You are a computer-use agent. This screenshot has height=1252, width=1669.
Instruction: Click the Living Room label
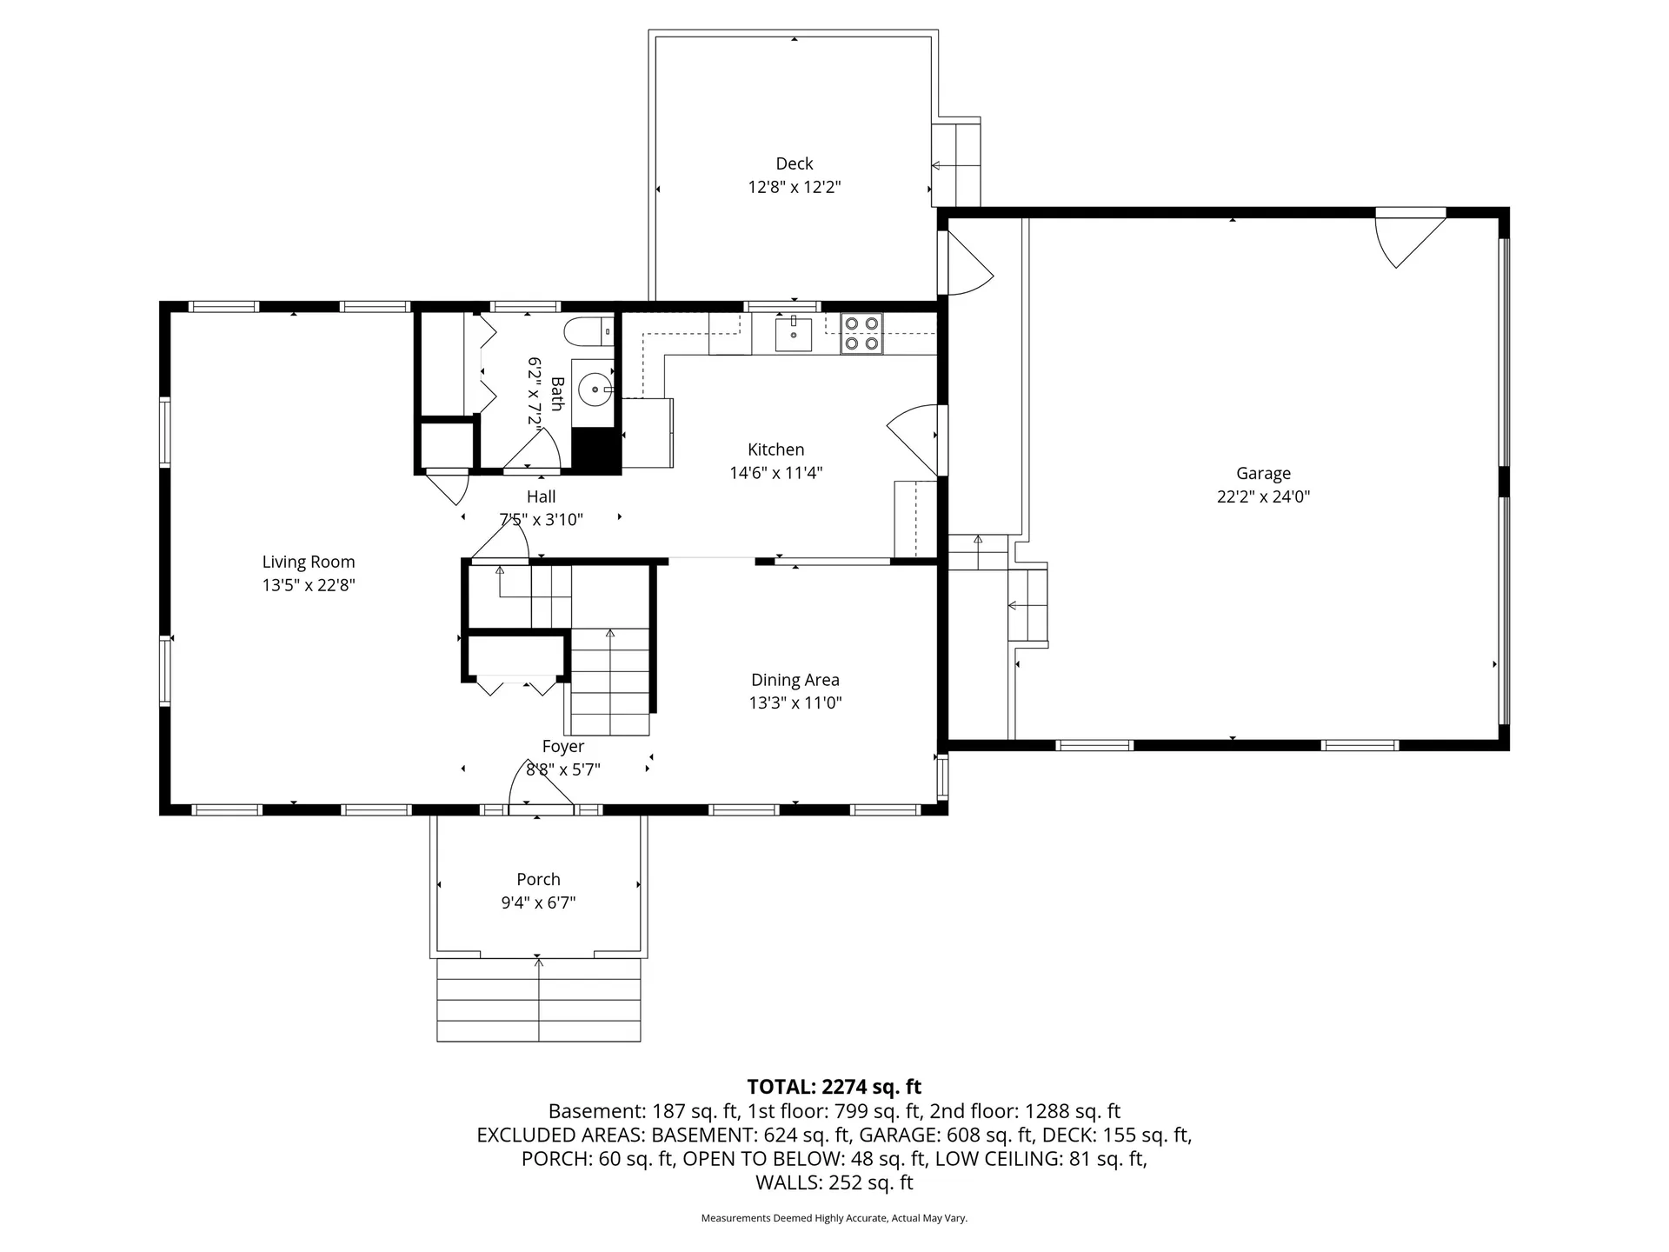309,562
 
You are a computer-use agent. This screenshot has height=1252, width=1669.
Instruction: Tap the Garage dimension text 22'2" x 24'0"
1263,497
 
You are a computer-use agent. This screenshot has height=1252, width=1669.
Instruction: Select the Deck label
794,163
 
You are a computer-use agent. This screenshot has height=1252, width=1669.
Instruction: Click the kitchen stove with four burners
861,333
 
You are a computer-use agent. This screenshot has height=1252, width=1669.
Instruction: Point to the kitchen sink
794,335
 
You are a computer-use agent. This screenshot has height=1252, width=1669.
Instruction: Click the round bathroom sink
595,390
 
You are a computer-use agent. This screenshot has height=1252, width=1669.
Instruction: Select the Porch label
538,879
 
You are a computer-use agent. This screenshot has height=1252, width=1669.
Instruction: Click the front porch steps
538,1000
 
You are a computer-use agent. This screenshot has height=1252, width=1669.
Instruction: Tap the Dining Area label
795,680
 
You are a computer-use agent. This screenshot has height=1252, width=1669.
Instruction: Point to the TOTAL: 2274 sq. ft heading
834,1087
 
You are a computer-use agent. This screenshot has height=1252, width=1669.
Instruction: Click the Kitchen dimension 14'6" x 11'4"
775,473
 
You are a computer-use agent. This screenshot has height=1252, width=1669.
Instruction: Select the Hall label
541,496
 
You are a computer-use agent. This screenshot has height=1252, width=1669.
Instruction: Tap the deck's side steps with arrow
955,165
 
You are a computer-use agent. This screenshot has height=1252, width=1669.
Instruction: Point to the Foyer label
562,746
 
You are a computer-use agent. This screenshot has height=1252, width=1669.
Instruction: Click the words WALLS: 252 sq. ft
834,1182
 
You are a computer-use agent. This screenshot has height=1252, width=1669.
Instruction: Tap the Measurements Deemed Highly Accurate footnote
834,1218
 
